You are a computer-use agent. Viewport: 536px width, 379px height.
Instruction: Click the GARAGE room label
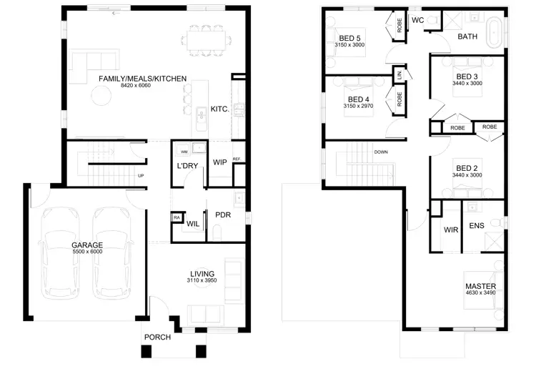pos(87,245)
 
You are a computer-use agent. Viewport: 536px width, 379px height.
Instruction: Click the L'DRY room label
pos(187,167)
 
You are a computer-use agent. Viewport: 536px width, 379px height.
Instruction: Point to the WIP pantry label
pos(219,162)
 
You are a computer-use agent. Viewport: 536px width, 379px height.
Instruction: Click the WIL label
pos(192,224)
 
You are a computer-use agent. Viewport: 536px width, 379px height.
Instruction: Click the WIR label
pos(450,230)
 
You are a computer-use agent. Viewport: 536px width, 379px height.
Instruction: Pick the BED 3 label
pos(467,77)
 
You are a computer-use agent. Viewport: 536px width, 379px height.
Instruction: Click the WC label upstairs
pos(418,20)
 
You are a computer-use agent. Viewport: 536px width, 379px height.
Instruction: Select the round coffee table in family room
pos(100,95)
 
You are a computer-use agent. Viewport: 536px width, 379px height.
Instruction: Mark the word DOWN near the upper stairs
pos(380,152)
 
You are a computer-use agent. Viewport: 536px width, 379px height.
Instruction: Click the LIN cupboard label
pos(399,74)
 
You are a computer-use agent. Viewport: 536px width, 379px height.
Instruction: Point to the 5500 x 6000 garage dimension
pos(87,252)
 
